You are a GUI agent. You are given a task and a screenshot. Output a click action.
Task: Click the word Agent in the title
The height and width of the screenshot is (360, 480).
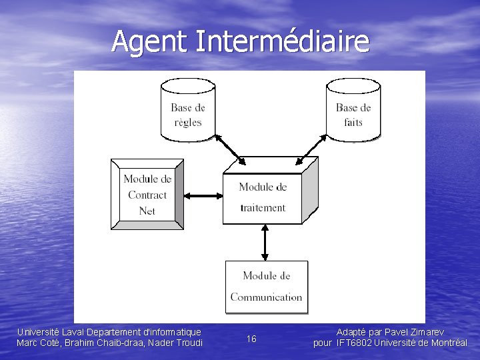pyautogui.click(x=151, y=41)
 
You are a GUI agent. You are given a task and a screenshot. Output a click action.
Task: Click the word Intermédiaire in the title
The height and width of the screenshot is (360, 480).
pyautogui.click(x=282, y=41)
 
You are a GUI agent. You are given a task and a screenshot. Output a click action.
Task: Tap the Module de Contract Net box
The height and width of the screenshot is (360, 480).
pyautogui.click(x=147, y=195)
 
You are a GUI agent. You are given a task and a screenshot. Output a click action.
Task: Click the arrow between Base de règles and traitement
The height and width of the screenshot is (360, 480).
pyautogui.click(x=229, y=148)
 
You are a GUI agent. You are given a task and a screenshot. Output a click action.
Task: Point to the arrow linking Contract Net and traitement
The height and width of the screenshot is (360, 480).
pyautogui.click(x=203, y=195)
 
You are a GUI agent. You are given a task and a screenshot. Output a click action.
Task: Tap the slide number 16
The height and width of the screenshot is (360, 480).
pyautogui.click(x=251, y=339)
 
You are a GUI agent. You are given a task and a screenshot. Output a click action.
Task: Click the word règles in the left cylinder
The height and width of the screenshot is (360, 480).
pyautogui.click(x=188, y=123)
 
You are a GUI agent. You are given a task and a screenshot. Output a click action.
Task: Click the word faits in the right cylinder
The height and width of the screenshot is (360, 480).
pyautogui.click(x=353, y=123)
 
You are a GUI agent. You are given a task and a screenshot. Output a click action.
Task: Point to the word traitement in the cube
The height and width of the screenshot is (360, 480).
pyautogui.click(x=263, y=207)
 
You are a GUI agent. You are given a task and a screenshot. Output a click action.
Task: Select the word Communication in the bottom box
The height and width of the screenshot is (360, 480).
pyautogui.click(x=266, y=297)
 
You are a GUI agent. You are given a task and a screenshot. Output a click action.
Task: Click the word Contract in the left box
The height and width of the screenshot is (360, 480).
pyautogui.click(x=147, y=195)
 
